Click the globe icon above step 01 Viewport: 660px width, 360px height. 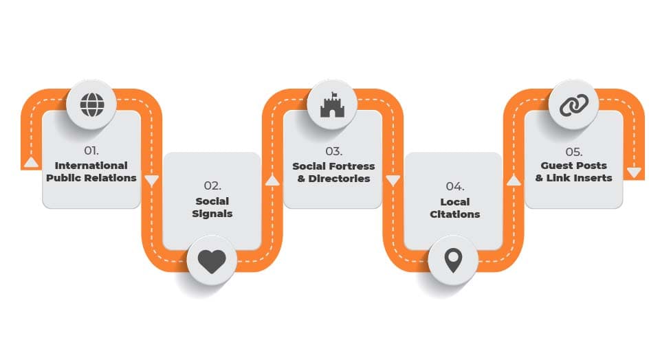(x=91, y=105)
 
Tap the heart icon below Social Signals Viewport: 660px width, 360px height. (x=212, y=261)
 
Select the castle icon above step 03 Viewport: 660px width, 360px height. (x=331, y=105)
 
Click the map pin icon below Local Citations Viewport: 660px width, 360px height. (x=452, y=261)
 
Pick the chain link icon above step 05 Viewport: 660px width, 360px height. (x=573, y=105)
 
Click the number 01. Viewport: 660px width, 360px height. (x=91, y=150)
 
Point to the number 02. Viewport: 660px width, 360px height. (x=212, y=185)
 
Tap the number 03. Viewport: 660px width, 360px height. (x=333, y=150)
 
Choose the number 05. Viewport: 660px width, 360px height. (x=573, y=150)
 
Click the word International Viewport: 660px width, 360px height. (x=91, y=166)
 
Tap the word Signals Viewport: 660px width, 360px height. (x=212, y=214)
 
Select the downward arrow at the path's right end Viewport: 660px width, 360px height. (x=635, y=172)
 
